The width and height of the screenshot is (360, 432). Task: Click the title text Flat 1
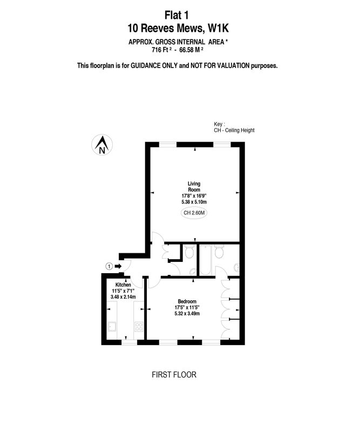[176, 15]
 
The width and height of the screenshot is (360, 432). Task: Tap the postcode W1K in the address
[218, 29]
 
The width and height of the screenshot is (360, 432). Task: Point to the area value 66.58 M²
[192, 50]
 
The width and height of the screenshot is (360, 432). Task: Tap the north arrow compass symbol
[102, 145]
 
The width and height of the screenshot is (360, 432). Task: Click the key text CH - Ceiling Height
[234, 130]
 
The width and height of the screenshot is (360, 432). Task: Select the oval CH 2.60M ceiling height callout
[194, 213]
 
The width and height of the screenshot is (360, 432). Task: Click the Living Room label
[194, 186]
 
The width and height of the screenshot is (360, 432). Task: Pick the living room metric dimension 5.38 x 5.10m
[194, 202]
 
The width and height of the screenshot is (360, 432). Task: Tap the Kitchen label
[123, 285]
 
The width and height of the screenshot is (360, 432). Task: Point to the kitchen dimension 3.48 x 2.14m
[123, 296]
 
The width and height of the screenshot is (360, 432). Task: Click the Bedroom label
[187, 301]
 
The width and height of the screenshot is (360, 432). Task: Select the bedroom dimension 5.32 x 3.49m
[187, 313]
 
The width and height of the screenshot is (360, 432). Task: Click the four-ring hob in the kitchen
[139, 327]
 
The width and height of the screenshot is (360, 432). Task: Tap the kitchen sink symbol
[112, 327]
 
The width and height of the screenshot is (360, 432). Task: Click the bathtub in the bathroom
[206, 260]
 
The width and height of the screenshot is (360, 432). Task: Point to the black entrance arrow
[118, 266]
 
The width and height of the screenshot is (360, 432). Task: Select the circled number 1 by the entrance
[110, 266]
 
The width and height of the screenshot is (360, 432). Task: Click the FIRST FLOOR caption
[174, 375]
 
